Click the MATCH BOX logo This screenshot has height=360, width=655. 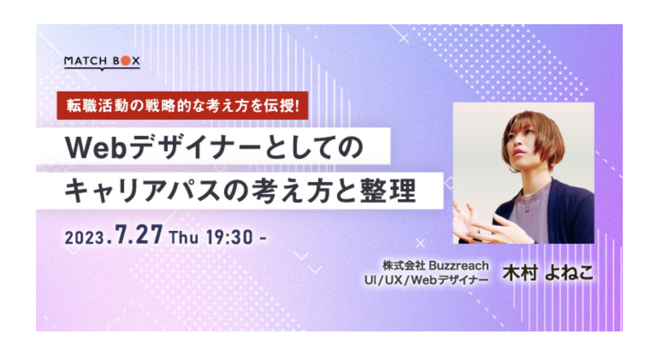click(102, 62)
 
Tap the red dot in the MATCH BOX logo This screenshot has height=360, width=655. click(125, 61)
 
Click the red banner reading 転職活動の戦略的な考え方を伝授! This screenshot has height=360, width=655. click(182, 106)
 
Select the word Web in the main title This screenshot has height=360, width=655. click(96, 148)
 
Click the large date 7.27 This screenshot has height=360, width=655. click(139, 235)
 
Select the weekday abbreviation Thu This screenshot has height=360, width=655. click(184, 237)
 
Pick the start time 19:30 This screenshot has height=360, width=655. click(229, 238)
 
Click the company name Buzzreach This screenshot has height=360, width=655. click(458, 266)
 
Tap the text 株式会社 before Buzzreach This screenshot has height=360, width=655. click(404, 266)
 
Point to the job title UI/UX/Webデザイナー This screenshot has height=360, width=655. click(427, 280)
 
